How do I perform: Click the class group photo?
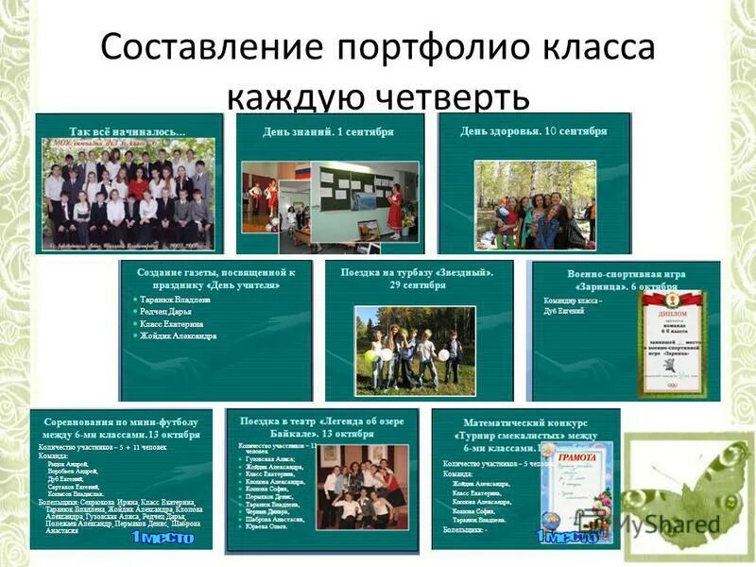[128, 194]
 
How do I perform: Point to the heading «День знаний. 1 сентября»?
[328, 132]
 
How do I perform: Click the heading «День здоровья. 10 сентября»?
[534, 130]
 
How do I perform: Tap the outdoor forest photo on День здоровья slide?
[534, 203]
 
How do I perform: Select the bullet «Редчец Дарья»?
[166, 311]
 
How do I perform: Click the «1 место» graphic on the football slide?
[162, 537]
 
